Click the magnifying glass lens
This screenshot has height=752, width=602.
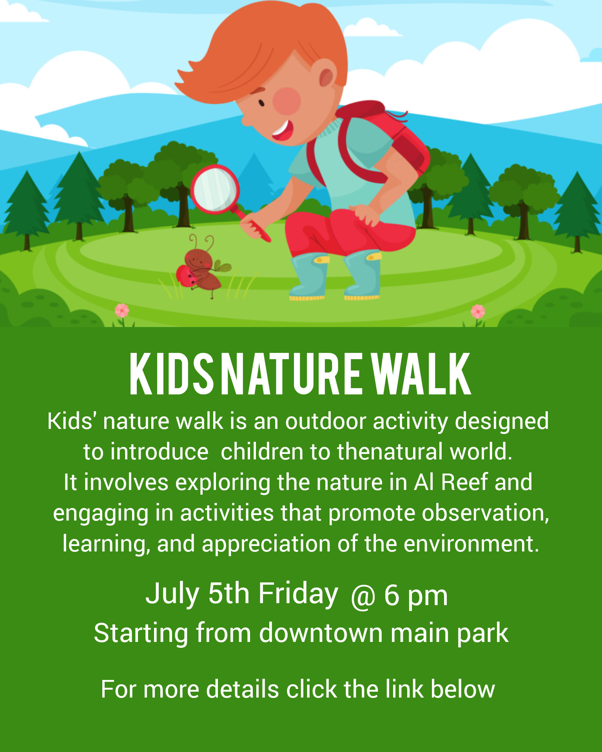point(215,189)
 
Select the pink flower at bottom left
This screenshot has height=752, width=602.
point(122,311)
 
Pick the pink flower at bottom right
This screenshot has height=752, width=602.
point(478,311)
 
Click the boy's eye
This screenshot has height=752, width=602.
point(261,103)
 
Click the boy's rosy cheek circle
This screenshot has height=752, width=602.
point(286,101)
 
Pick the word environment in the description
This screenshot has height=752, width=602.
point(471,544)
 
